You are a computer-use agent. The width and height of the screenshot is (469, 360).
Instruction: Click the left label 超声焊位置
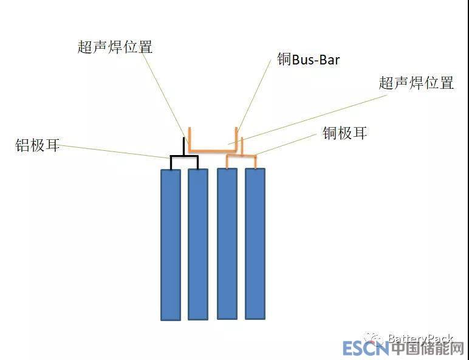click(x=115, y=47)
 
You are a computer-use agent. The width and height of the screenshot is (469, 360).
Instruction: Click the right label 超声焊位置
click(x=416, y=83)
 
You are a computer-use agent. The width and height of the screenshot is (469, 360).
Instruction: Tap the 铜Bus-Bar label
click(x=308, y=60)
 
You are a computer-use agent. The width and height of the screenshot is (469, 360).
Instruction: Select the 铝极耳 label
click(x=38, y=145)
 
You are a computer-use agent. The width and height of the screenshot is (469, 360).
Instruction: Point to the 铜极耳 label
click(x=344, y=133)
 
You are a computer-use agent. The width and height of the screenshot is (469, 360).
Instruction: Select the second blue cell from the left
click(x=198, y=243)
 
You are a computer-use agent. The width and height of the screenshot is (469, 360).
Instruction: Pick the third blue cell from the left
click(x=227, y=243)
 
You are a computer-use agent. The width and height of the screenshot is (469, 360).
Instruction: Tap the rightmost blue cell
click(x=255, y=243)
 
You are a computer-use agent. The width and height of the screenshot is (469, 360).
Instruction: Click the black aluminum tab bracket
click(x=184, y=157)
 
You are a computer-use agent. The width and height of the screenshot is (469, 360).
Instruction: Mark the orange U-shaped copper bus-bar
click(x=213, y=150)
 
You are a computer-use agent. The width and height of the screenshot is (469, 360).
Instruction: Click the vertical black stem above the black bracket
click(x=185, y=147)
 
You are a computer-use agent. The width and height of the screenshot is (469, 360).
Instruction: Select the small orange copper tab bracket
click(x=241, y=156)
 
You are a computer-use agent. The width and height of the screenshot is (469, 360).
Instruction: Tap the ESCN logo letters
click(x=365, y=348)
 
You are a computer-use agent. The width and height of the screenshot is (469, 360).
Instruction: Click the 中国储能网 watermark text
click(x=427, y=348)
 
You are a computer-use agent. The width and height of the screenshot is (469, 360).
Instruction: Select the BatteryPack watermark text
click(x=420, y=338)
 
